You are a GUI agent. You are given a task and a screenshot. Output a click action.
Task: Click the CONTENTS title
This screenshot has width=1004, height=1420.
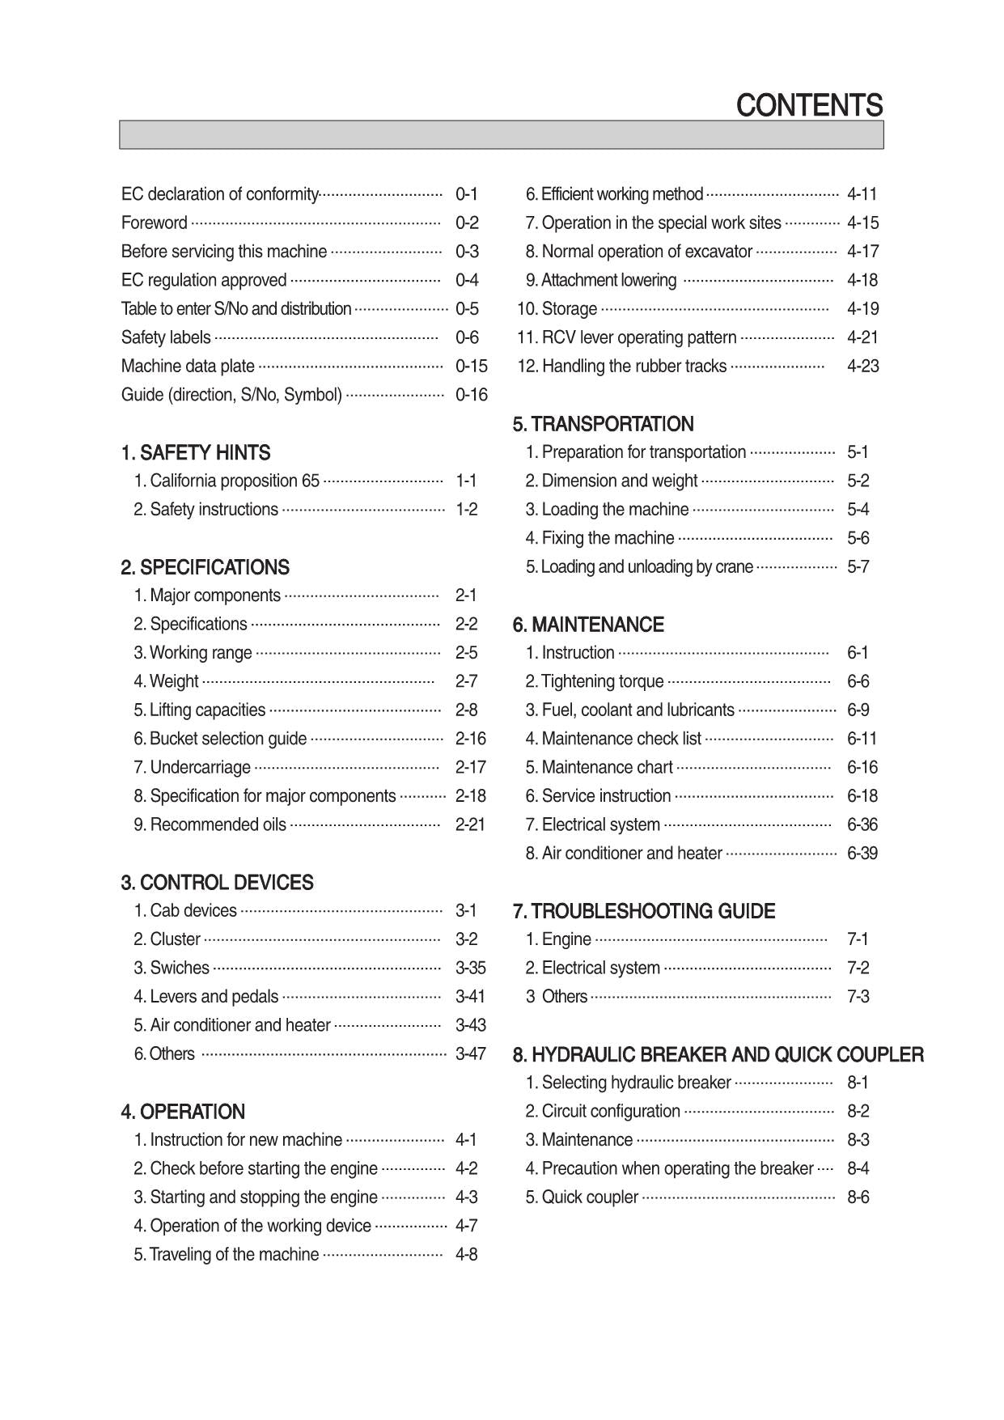click(809, 106)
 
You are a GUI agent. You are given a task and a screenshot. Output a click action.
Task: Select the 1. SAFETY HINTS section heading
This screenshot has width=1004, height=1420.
click(196, 452)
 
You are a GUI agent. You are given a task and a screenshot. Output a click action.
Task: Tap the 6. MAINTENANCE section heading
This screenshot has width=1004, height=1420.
click(588, 625)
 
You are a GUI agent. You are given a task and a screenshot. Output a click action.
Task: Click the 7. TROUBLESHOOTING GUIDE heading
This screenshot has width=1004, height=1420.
click(644, 911)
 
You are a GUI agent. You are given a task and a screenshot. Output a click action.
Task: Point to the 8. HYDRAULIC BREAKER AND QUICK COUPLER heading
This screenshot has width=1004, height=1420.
click(718, 1054)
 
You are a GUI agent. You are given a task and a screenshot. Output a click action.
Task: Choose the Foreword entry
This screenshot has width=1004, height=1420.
click(155, 223)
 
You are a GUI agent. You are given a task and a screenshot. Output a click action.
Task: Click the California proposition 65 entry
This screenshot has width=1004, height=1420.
click(235, 481)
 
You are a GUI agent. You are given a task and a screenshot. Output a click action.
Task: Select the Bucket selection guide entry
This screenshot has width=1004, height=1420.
click(228, 739)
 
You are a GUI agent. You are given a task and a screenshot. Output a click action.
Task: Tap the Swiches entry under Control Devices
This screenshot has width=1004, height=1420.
click(180, 968)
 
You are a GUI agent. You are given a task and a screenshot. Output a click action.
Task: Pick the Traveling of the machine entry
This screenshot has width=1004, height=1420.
click(235, 1254)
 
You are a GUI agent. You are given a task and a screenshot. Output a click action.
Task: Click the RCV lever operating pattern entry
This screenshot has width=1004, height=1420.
click(639, 337)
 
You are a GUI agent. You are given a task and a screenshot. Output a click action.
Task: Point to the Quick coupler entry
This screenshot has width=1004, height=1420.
click(590, 1197)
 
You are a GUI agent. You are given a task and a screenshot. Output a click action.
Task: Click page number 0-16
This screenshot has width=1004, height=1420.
click(472, 395)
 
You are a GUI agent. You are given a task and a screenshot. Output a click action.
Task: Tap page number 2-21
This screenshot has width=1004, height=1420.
click(470, 824)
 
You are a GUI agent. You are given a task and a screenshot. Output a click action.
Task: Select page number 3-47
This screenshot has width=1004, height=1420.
click(471, 1053)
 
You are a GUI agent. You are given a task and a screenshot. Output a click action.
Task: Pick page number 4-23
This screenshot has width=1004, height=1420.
click(863, 366)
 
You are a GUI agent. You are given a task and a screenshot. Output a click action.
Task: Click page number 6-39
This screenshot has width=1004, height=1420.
click(862, 853)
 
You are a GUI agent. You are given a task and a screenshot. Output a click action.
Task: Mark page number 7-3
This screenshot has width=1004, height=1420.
click(858, 996)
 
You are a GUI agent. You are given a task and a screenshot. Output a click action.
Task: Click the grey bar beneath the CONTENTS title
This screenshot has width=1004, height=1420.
click(502, 135)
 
